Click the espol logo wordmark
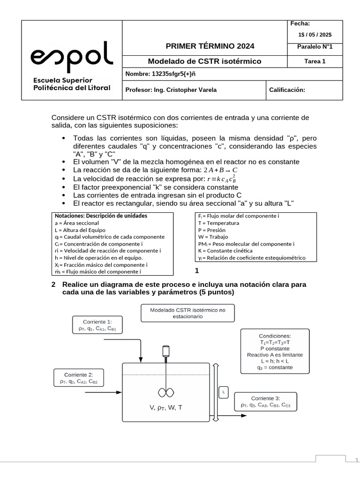tap(72, 55)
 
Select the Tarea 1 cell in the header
tap(315, 61)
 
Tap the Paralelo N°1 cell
tap(315, 47)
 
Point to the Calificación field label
tap(287, 90)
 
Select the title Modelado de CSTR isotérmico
tap(204, 61)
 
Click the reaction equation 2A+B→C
tap(221, 170)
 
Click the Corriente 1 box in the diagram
tap(97, 325)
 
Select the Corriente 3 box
tap(265, 402)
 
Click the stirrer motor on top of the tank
tap(165, 351)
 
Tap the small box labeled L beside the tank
tap(224, 391)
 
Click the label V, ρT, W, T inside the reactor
tap(166, 408)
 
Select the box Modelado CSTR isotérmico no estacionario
tap(187, 313)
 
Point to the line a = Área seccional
tap(77, 223)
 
